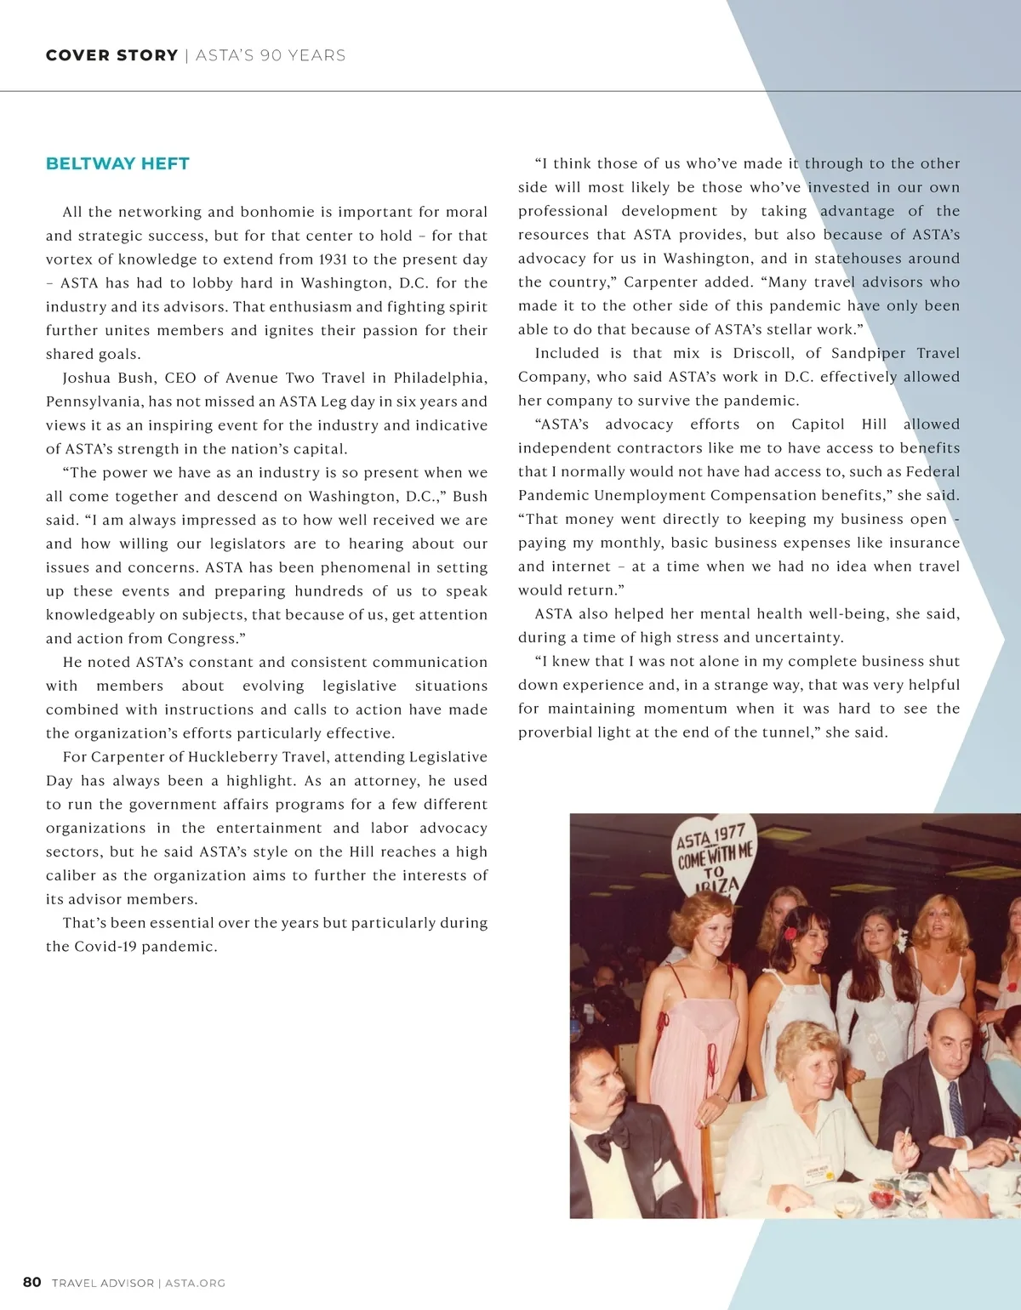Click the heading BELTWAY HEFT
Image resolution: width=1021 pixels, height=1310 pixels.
point(117,163)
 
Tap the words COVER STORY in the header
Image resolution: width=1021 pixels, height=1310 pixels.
point(111,55)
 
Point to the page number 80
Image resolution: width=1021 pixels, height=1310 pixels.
point(31,1282)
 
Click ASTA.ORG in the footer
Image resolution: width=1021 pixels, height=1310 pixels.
point(195,1283)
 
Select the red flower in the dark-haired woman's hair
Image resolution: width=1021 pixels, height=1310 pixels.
point(789,933)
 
